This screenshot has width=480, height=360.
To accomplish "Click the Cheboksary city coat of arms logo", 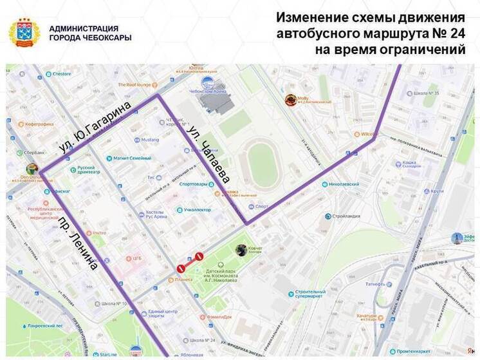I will click(x=24, y=33).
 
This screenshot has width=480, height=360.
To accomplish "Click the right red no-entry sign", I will click(x=199, y=256).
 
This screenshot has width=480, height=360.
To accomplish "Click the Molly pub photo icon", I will click(x=291, y=100).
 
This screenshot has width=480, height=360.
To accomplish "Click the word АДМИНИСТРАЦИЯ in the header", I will click(x=83, y=28).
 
